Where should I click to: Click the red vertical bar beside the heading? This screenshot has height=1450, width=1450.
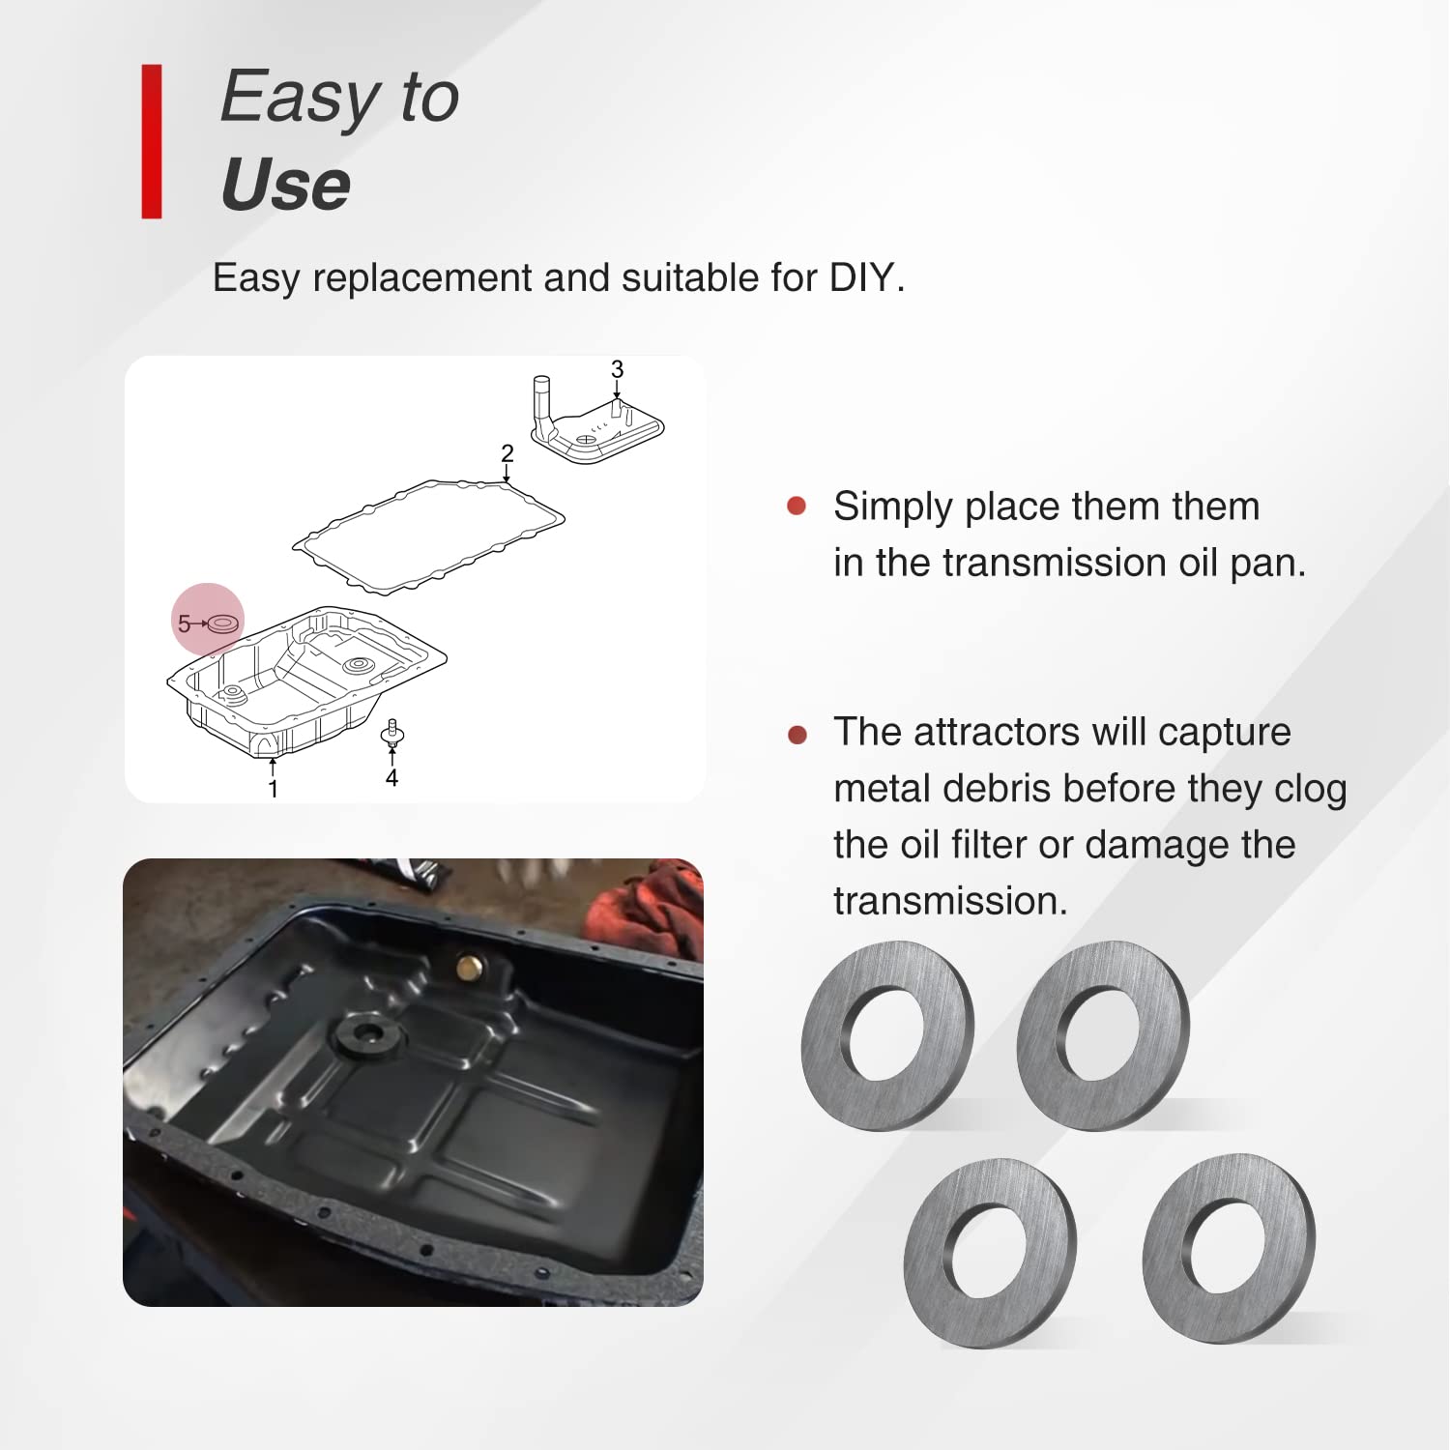(152, 141)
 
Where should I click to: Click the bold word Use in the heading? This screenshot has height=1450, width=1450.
(285, 185)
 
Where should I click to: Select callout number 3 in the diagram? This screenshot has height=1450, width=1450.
(617, 369)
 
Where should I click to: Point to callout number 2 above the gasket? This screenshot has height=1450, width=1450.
(507, 453)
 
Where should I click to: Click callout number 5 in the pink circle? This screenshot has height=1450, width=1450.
(184, 624)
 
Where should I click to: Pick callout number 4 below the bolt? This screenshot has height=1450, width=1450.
(391, 778)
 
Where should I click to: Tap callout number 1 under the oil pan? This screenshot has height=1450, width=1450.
(274, 790)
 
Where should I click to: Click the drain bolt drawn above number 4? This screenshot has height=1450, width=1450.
(391, 734)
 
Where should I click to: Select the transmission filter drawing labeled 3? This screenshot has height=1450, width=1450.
(594, 425)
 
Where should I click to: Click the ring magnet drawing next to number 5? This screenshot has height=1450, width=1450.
(222, 623)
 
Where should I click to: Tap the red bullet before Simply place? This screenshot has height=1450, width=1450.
(797, 506)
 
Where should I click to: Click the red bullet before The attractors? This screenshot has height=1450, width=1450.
(797, 735)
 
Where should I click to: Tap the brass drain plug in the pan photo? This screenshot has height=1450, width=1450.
(469, 967)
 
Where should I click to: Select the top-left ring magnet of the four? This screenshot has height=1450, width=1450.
(887, 1035)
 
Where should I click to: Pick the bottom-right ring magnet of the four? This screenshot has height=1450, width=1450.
(1229, 1248)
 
